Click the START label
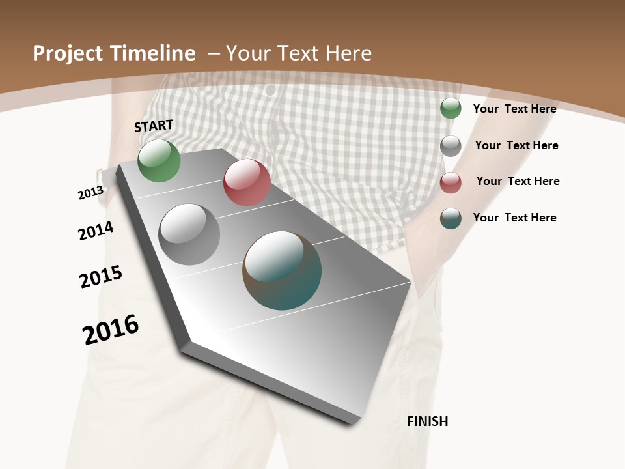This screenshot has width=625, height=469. tap(154, 126)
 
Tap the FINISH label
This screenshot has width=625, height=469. tap(428, 421)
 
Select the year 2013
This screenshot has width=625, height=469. tap(90, 193)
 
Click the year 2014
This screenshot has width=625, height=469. tap(96, 231)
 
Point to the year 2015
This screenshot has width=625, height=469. tap(101, 277)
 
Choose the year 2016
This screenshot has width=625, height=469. tap(111, 330)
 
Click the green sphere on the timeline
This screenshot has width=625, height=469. tap(159, 161)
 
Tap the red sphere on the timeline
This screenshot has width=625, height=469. tap(247, 182)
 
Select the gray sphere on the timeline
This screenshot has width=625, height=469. tap(189, 234)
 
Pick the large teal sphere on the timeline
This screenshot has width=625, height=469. tap(282, 270)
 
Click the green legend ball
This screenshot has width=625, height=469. tap(451, 108)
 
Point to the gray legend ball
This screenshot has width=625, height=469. tap(451, 146)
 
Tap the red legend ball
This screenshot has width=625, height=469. tap(451, 182)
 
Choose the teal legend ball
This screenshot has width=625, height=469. tap(451, 218)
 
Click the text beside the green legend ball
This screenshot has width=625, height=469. tap(514, 109)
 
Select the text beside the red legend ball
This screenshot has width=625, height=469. tap(518, 181)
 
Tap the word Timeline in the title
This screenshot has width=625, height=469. tap(154, 53)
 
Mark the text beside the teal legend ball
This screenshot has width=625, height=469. tap(514, 218)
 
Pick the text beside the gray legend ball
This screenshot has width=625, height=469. tap(516, 145)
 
